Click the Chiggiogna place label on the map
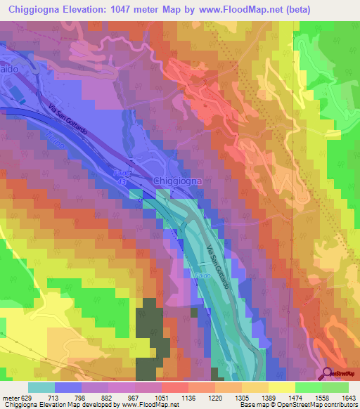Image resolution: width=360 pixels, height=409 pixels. [x=177, y=181]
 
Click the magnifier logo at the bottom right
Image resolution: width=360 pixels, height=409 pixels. [x=328, y=374]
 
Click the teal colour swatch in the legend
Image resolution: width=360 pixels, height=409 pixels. [x=41, y=387]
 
